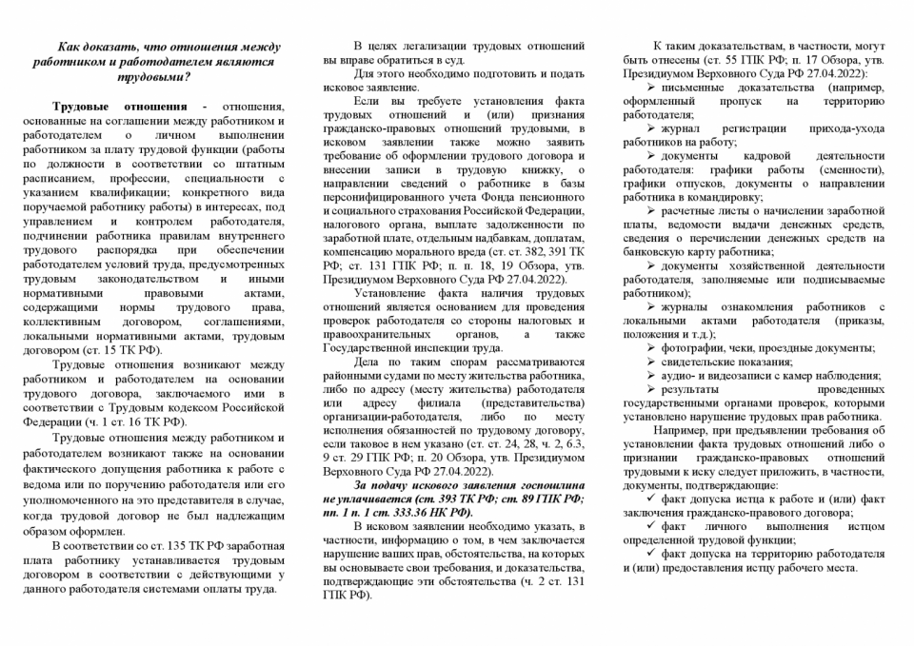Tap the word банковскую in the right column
click(x=663, y=252)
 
